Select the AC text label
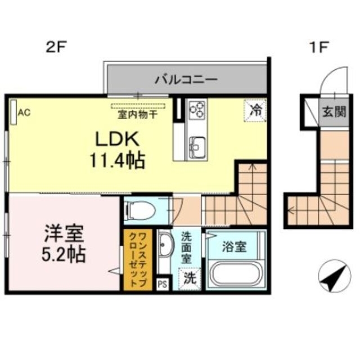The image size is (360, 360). (x=24, y=112)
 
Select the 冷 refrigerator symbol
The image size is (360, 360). (x=255, y=109)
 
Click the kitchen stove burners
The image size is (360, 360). (x=197, y=110)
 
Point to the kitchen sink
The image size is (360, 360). (x=197, y=147)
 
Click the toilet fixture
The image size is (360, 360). (x=139, y=210)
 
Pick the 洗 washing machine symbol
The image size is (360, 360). (x=190, y=277)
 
